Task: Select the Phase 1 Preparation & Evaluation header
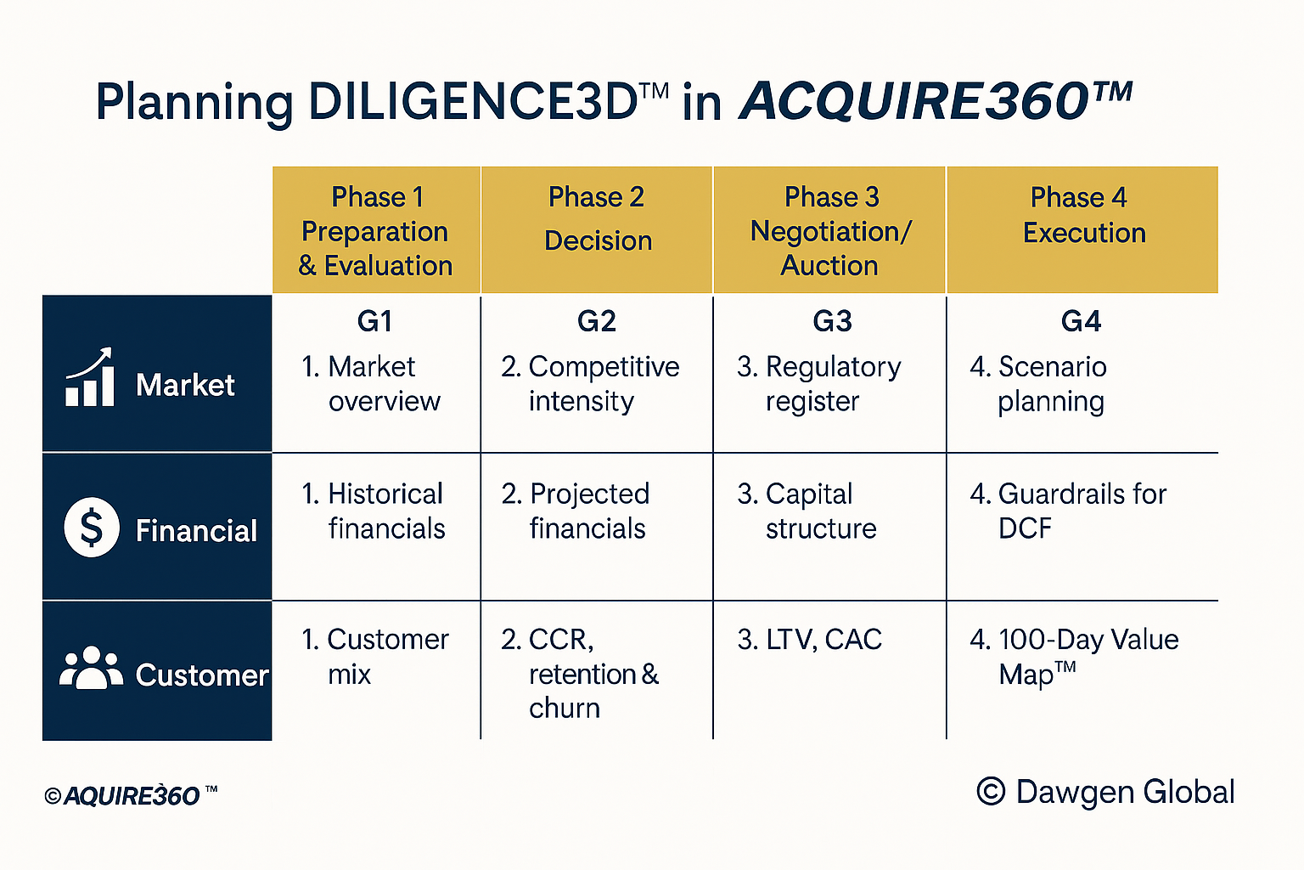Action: [376, 229]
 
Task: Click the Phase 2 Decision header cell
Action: [597, 229]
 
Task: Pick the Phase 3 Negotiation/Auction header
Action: [829, 229]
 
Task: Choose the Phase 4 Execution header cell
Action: [1082, 229]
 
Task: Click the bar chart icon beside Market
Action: [90, 377]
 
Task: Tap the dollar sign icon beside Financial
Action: [92, 528]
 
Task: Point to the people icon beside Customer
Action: [91, 668]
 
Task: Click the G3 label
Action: [833, 321]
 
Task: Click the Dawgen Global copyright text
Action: [1105, 792]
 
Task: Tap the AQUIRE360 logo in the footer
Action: [131, 796]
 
